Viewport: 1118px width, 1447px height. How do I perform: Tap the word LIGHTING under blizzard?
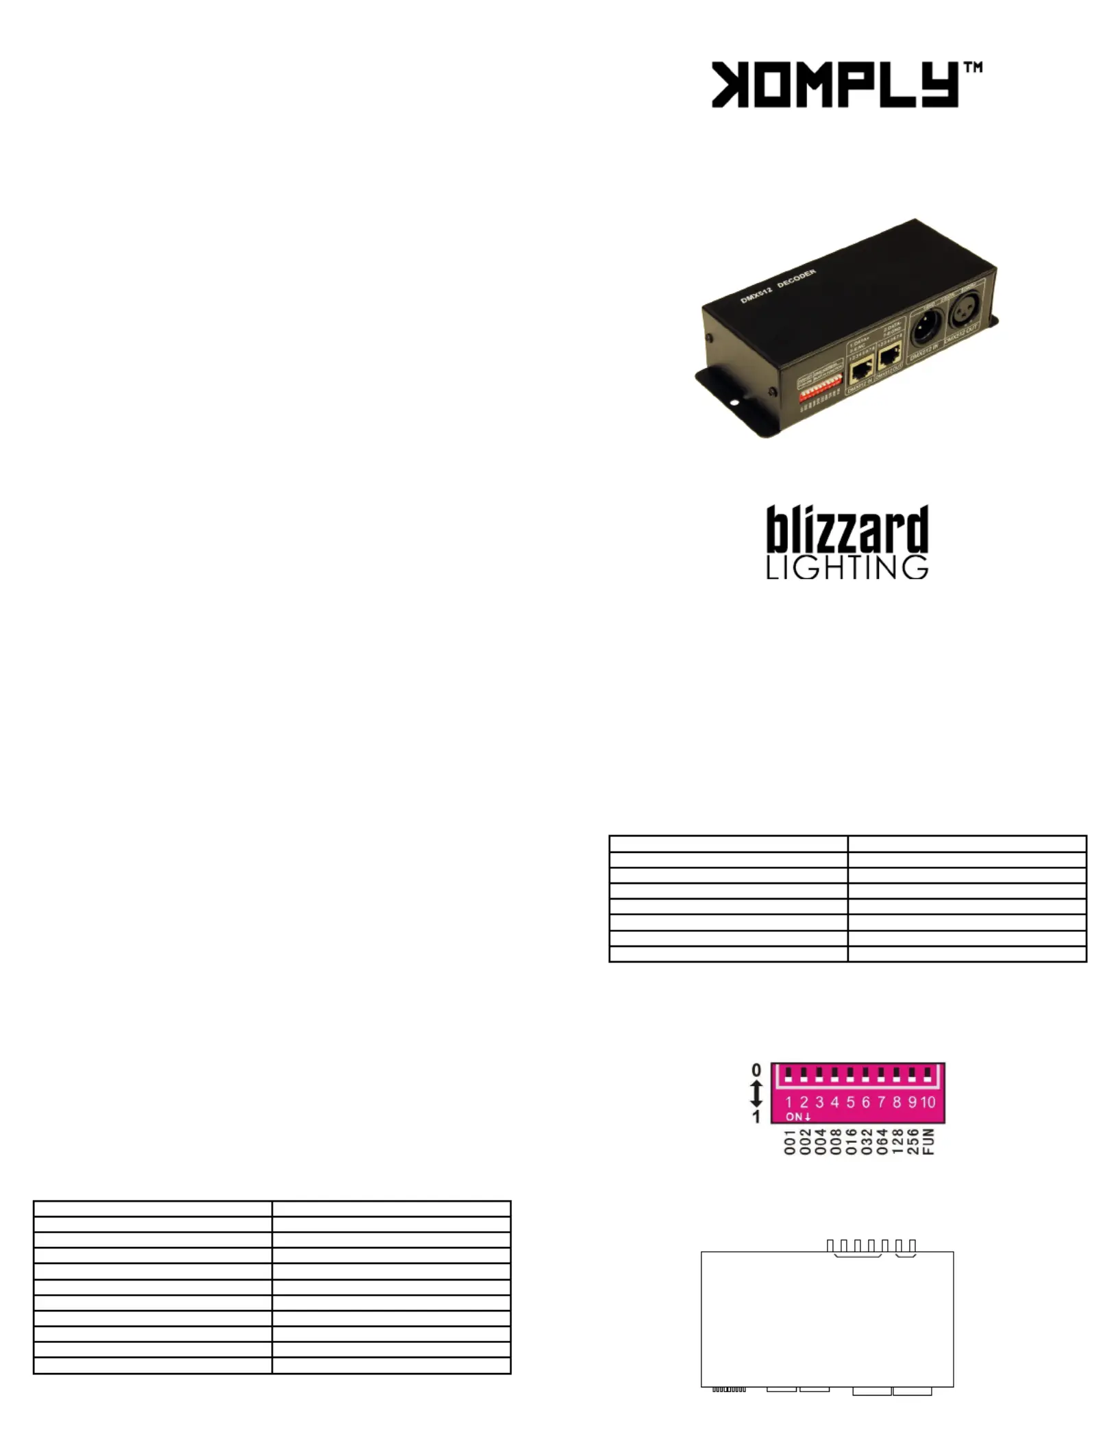(x=847, y=568)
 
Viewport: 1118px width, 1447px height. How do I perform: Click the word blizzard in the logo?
(x=847, y=530)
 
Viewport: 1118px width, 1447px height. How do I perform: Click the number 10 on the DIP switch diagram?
(x=928, y=1102)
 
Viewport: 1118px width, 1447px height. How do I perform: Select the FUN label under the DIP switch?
(x=929, y=1141)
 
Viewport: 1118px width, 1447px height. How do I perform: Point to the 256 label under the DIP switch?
(x=913, y=1141)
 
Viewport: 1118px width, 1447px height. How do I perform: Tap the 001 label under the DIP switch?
(x=789, y=1141)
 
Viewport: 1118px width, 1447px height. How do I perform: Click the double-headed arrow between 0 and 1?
(x=756, y=1093)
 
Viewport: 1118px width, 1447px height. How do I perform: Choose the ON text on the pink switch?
(x=798, y=1117)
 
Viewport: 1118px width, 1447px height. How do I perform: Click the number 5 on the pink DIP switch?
(x=850, y=1102)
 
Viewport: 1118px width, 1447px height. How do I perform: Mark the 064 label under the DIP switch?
(x=882, y=1141)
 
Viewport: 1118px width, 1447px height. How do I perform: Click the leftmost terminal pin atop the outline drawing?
(x=831, y=1245)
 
